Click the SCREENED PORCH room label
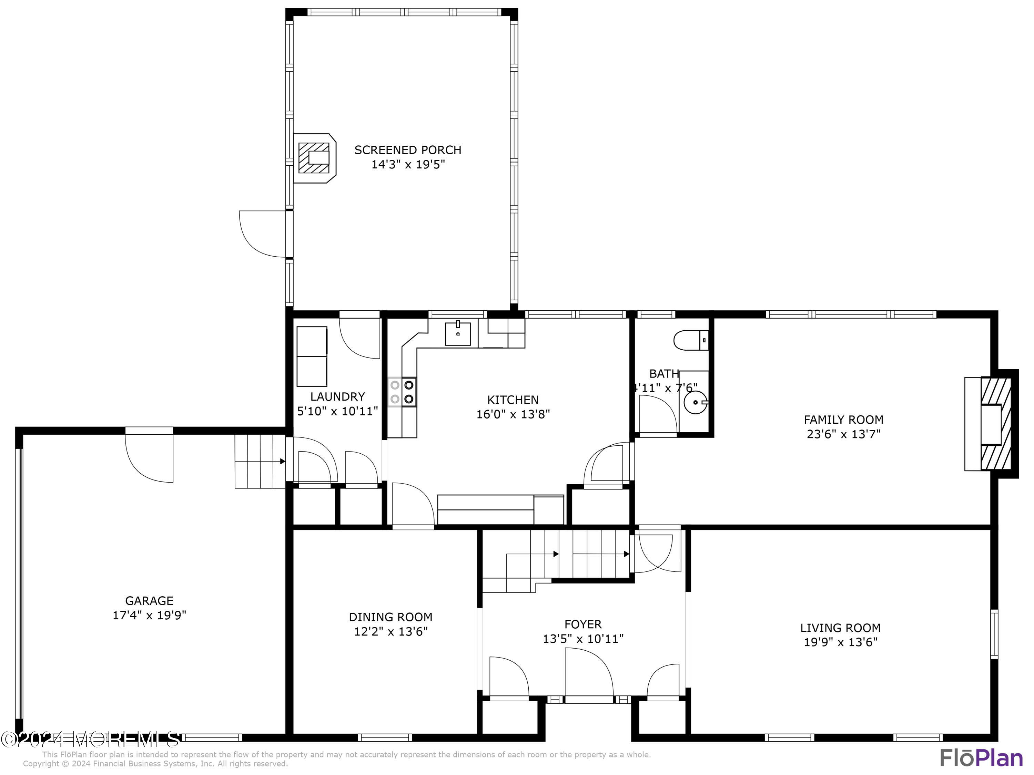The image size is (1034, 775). click(x=408, y=150)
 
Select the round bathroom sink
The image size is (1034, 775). click(x=695, y=402)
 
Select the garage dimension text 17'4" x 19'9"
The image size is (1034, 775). click(x=149, y=615)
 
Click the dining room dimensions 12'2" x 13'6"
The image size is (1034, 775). click(x=391, y=632)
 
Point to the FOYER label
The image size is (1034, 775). click(x=583, y=624)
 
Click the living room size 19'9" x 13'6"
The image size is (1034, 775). click(x=841, y=642)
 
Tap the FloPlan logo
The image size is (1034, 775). click(x=981, y=758)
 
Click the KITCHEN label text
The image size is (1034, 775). click(x=513, y=400)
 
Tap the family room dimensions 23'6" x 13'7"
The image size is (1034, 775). click(x=843, y=434)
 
